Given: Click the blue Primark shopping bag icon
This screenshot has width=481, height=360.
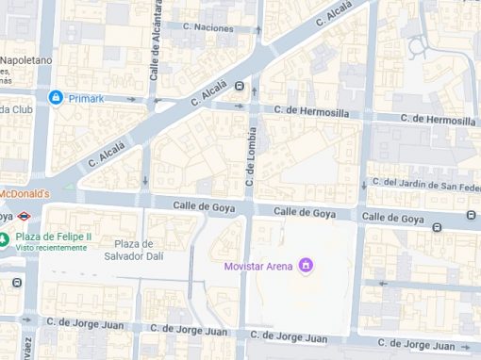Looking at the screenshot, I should point(56,97).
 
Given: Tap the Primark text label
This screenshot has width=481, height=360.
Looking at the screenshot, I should point(85,97).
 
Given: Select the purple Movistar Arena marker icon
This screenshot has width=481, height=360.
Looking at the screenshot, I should point(305,266).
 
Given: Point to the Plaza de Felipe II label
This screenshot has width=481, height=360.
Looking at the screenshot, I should point(54,237).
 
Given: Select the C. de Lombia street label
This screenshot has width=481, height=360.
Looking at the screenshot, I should point(251,155).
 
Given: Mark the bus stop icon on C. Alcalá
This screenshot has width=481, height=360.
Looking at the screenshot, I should point(240,86).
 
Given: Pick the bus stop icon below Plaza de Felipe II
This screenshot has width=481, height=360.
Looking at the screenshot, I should point(17,282).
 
